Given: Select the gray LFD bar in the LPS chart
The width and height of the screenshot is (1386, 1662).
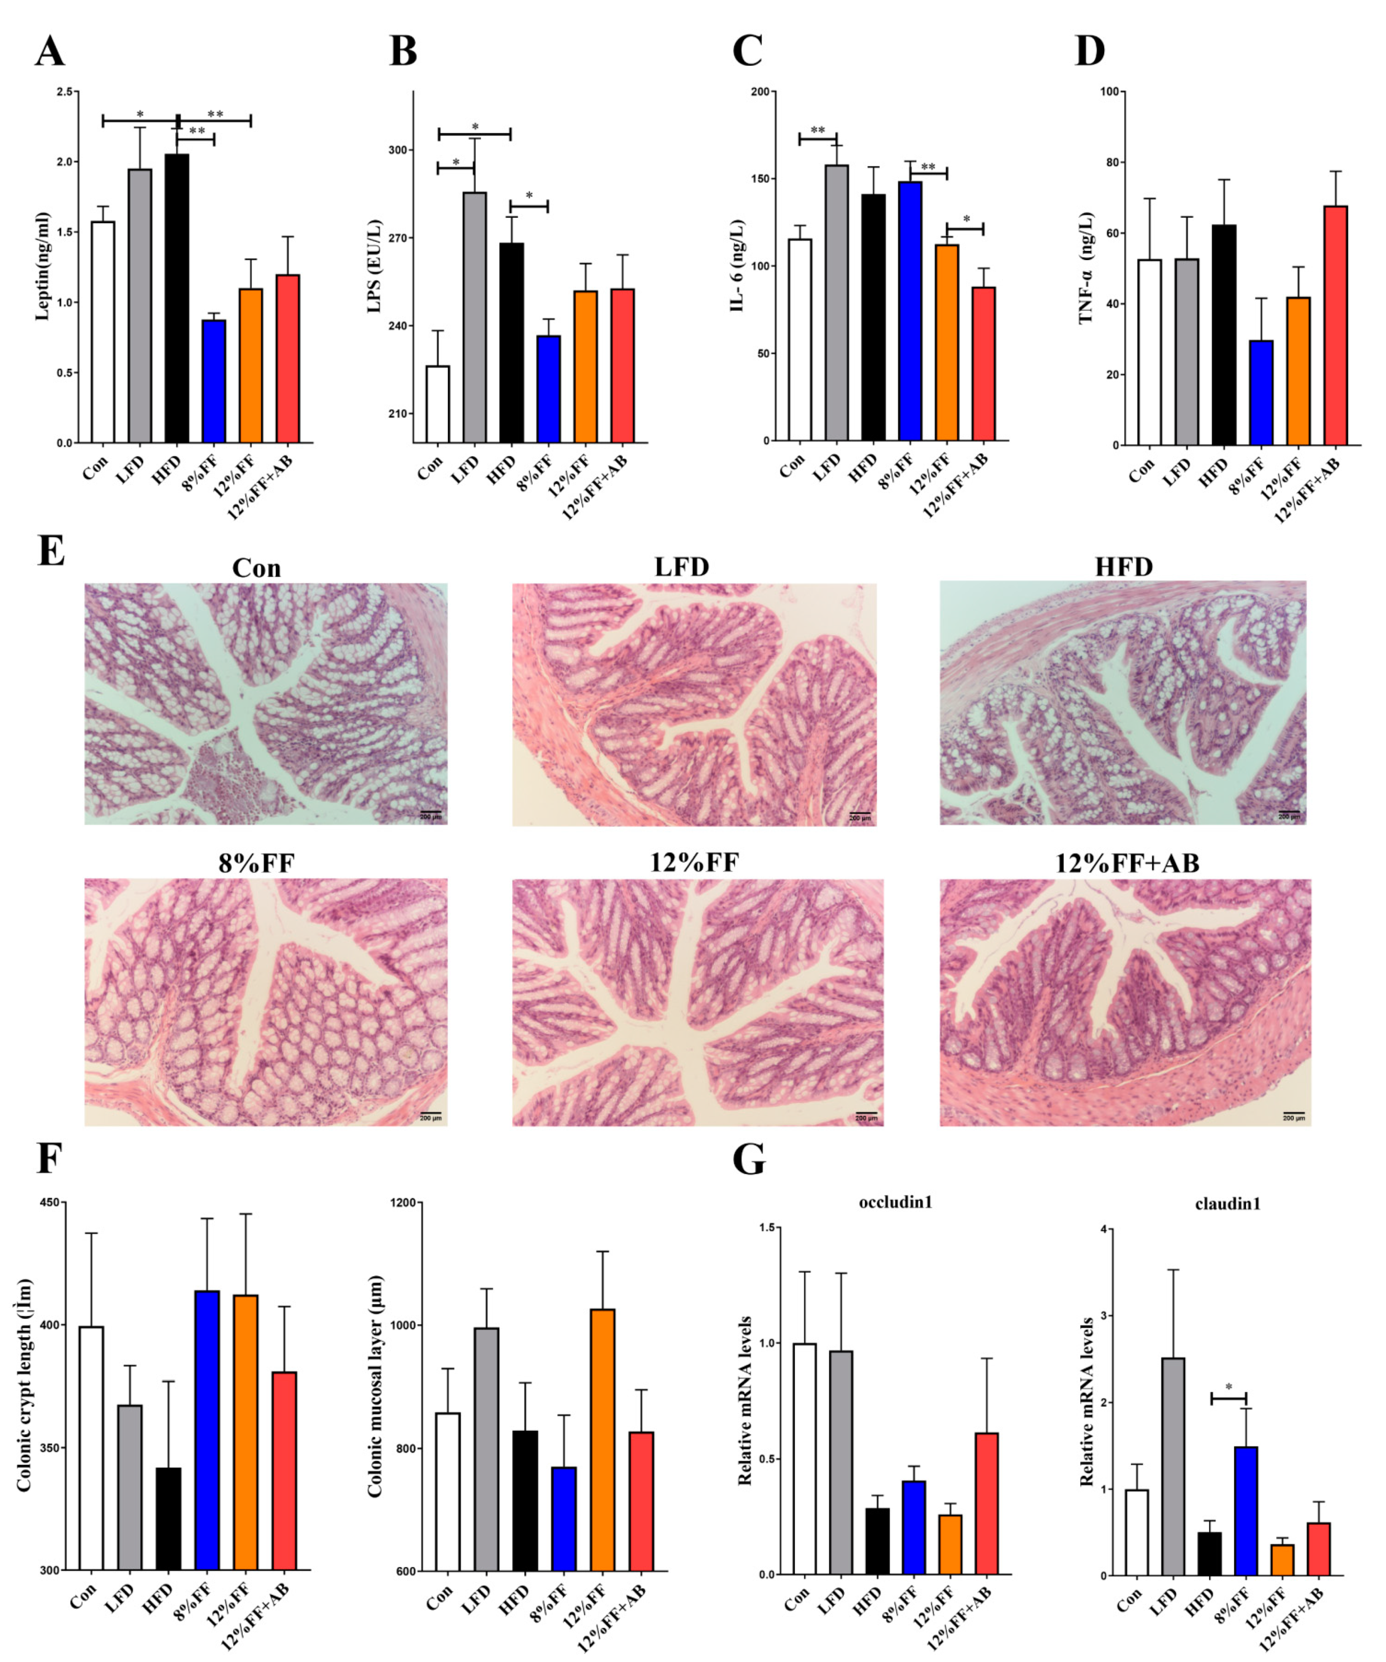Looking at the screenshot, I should tap(475, 317).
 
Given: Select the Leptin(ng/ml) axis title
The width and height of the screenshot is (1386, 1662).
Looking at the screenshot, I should tap(43, 267).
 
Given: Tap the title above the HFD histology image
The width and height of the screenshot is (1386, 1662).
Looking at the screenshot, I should tap(1123, 567).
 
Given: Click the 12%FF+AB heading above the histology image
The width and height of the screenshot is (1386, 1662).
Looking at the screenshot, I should tap(1127, 862).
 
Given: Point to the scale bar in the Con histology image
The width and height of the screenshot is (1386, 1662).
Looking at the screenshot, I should tap(430, 812).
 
